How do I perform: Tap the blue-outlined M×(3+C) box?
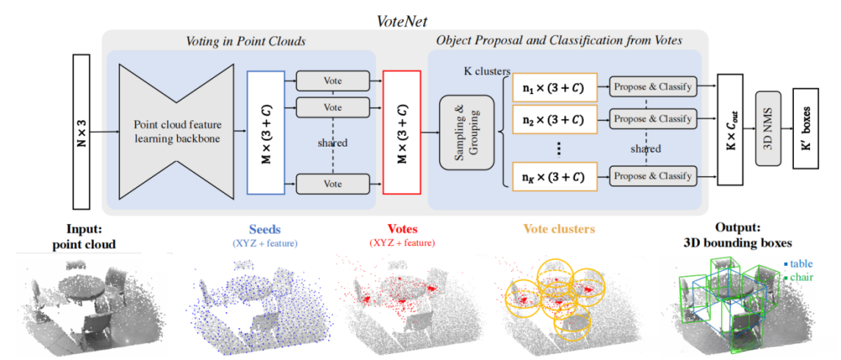(x=266, y=130)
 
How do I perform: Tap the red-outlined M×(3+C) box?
(x=402, y=130)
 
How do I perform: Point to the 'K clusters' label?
(x=486, y=71)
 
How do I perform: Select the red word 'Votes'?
(x=402, y=229)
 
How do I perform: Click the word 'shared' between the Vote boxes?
(x=334, y=143)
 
